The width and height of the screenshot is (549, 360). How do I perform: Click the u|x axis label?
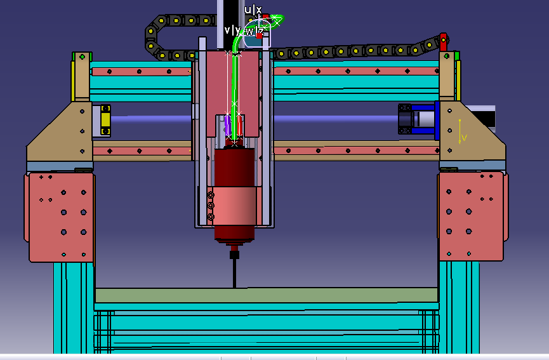[x=253, y=10]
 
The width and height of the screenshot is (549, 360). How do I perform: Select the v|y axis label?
[x=232, y=30]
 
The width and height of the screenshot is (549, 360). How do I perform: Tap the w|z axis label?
[x=255, y=31]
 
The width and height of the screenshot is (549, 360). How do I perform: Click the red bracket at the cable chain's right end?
[x=443, y=42]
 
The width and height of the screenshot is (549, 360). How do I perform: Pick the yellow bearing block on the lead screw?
[x=105, y=120]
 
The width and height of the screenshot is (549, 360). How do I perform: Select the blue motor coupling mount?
[x=425, y=119]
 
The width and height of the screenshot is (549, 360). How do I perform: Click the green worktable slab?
[x=267, y=295]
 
